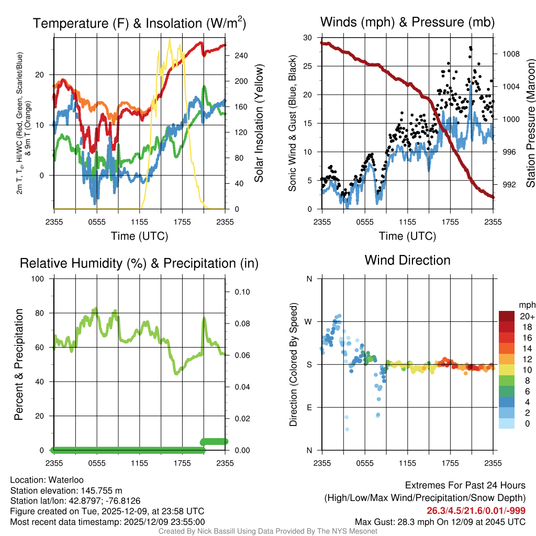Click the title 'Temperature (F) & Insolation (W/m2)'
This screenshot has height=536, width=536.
click(x=140, y=23)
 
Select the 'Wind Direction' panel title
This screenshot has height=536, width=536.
click(x=407, y=260)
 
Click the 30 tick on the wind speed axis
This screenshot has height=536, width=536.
click(x=308, y=38)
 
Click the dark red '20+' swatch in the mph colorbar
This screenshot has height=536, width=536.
click(x=506, y=316)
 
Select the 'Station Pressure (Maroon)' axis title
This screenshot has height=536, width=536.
click(x=530, y=123)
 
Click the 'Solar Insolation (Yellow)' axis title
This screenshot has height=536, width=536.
click(x=259, y=123)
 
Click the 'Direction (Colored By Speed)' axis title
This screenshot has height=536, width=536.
click(x=293, y=364)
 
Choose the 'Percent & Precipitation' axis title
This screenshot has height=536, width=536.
click(x=18, y=364)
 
